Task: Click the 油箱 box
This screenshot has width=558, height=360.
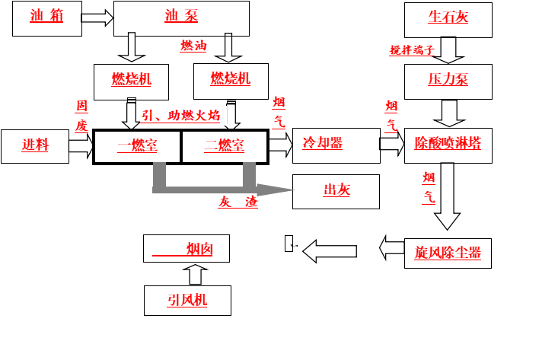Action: point(47,18)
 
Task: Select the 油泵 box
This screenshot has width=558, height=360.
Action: point(181,18)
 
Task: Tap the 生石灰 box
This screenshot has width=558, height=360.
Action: point(448,20)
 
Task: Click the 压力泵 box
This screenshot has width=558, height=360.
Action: point(448,82)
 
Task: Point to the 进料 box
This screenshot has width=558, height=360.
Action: point(35,147)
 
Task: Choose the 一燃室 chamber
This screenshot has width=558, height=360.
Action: point(137,147)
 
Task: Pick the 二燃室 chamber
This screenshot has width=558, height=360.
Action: point(225,147)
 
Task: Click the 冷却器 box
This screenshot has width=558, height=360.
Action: point(336,146)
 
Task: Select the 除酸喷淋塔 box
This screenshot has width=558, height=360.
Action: point(448,146)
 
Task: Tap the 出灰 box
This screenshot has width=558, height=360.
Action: point(336,192)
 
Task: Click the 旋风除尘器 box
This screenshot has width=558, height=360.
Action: point(448,253)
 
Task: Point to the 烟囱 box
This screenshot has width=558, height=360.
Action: point(187,248)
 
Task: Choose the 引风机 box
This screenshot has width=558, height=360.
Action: point(187,301)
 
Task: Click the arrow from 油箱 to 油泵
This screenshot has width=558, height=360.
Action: point(97,18)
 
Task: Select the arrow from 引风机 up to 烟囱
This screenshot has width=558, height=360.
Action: point(195,274)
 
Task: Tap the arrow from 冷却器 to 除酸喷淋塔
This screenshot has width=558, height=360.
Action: point(392,144)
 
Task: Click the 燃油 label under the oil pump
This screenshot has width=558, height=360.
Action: point(193,46)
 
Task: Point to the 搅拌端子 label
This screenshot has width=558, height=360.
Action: point(412,50)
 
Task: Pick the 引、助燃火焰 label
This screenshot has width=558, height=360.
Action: point(180,116)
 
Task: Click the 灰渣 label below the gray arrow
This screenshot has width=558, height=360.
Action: point(238,202)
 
